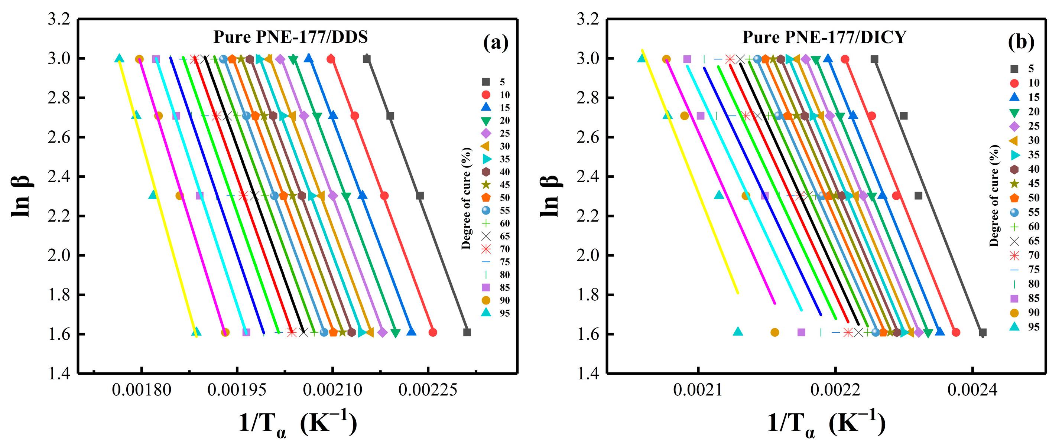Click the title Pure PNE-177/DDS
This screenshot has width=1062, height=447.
pyautogui.click(x=290, y=37)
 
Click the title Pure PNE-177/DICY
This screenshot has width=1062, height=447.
pyautogui.click(x=824, y=37)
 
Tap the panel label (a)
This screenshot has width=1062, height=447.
pyautogui.click(x=496, y=42)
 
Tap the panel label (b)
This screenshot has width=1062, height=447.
pyautogui.click(x=1021, y=42)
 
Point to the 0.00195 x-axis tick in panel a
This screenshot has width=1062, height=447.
pyautogui.click(x=237, y=389)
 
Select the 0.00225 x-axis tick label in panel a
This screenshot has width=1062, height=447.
pyautogui.click(x=428, y=389)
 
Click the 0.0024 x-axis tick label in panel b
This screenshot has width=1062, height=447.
pyautogui.click(x=972, y=389)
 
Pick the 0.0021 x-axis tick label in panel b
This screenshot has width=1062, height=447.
pyautogui.click(x=698, y=389)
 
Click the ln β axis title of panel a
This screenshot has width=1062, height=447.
pyautogui.click(x=20, y=196)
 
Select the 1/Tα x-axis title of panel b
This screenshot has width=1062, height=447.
pyautogui.click(x=826, y=424)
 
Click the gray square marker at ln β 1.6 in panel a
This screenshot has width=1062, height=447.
pyautogui.click(x=467, y=332)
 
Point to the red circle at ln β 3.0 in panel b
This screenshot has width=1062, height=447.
pyautogui.click(x=845, y=59)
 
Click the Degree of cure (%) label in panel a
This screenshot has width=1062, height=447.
pyautogui.click(x=466, y=198)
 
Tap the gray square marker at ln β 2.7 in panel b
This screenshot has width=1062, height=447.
pyautogui.click(x=903, y=116)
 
